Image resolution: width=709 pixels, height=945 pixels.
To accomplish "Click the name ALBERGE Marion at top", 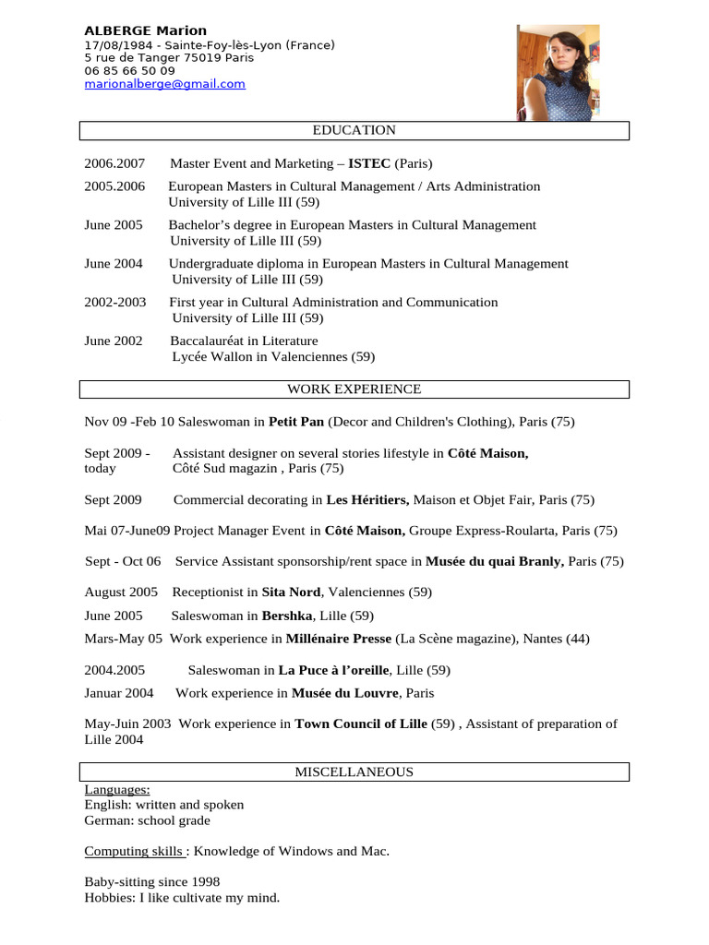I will (146, 30).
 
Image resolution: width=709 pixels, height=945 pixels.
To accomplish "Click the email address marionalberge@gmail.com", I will (164, 84).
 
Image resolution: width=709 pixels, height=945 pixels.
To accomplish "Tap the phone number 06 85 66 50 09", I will (129, 70).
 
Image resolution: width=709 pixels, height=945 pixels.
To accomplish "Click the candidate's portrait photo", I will (558, 72).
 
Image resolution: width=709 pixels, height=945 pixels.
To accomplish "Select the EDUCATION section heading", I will (354, 130).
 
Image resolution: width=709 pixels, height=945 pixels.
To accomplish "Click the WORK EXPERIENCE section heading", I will (354, 389).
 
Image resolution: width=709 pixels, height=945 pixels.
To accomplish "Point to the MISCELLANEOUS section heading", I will (354, 772).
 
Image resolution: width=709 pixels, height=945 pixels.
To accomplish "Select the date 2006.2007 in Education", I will (115, 163).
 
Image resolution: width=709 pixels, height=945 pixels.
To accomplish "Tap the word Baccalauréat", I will (210, 341).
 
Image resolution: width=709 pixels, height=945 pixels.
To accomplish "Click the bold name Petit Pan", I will (296, 422).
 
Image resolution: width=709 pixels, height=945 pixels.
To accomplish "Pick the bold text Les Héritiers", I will (367, 499).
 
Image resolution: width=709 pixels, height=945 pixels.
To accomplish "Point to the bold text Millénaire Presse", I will (339, 639).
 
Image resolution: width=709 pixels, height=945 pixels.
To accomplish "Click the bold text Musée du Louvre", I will (345, 692).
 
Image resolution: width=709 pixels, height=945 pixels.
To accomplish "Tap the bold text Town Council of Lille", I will (361, 724).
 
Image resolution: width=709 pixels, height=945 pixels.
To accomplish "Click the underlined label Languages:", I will (117, 790).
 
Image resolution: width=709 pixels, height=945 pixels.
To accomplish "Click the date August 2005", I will (121, 592).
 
